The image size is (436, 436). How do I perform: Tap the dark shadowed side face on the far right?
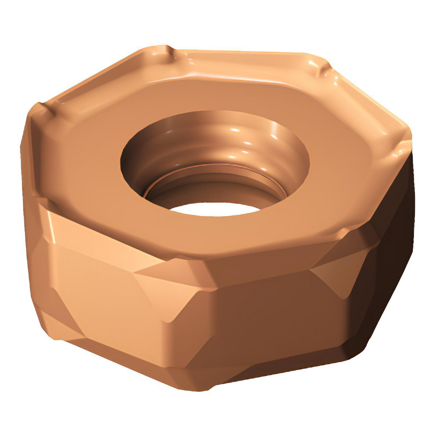pyautogui.click(x=392, y=244)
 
